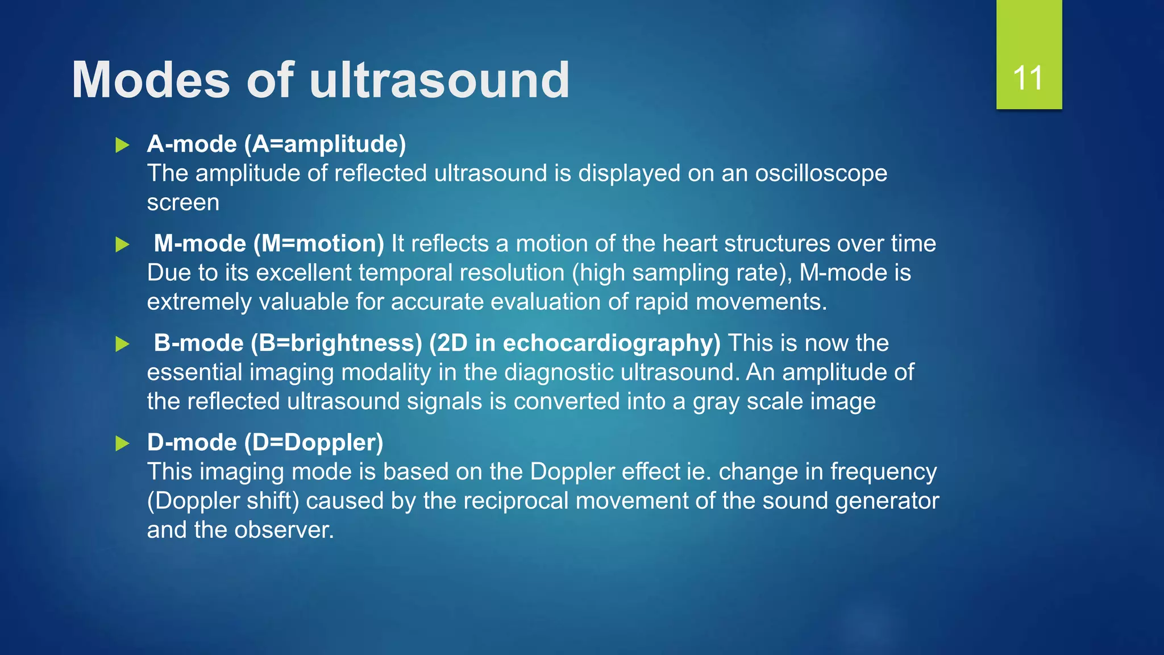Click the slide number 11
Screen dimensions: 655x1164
pyautogui.click(x=1028, y=78)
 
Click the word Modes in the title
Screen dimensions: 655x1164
pyautogui.click(x=151, y=80)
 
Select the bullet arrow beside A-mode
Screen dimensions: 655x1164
pyautogui.click(x=122, y=145)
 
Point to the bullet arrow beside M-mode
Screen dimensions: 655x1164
pyautogui.click(x=122, y=244)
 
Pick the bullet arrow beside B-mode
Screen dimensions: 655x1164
pyautogui.click(x=122, y=344)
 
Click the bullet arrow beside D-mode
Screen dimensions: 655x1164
pyautogui.click(x=122, y=443)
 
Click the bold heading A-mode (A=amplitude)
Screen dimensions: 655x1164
pyautogui.click(x=276, y=144)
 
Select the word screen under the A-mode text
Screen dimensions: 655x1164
pyautogui.click(x=183, y=203)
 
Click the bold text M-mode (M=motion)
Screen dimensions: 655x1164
pyautogui.click(x=269, y=243)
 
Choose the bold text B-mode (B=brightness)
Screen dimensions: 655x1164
pyautogui.click(x=288, y=343)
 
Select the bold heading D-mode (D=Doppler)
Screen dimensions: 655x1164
pyautogui.click(x=265, y=442)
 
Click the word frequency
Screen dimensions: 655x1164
pyautogui.click(x=883, y=472)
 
